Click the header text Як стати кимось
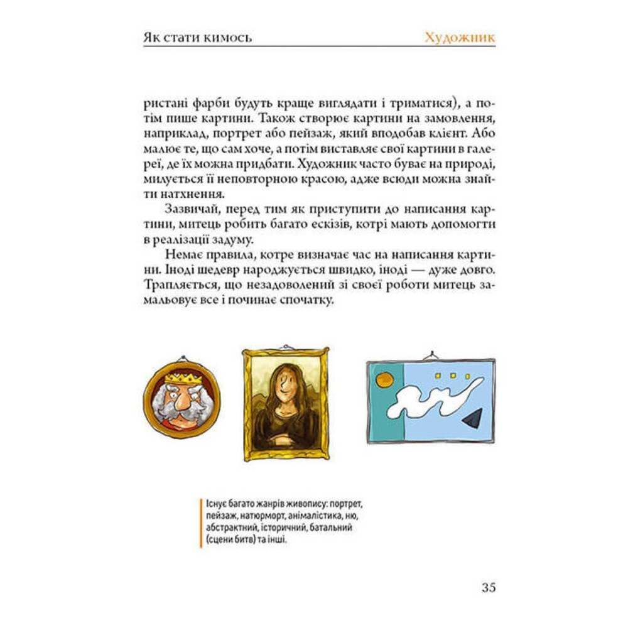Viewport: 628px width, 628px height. pyautogui.click(x=197, y=37)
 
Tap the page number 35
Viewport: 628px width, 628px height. pyautogui.click(x=489, y=588)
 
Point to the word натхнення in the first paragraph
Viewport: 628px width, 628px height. pyautogui.click(x=188, y=194)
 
